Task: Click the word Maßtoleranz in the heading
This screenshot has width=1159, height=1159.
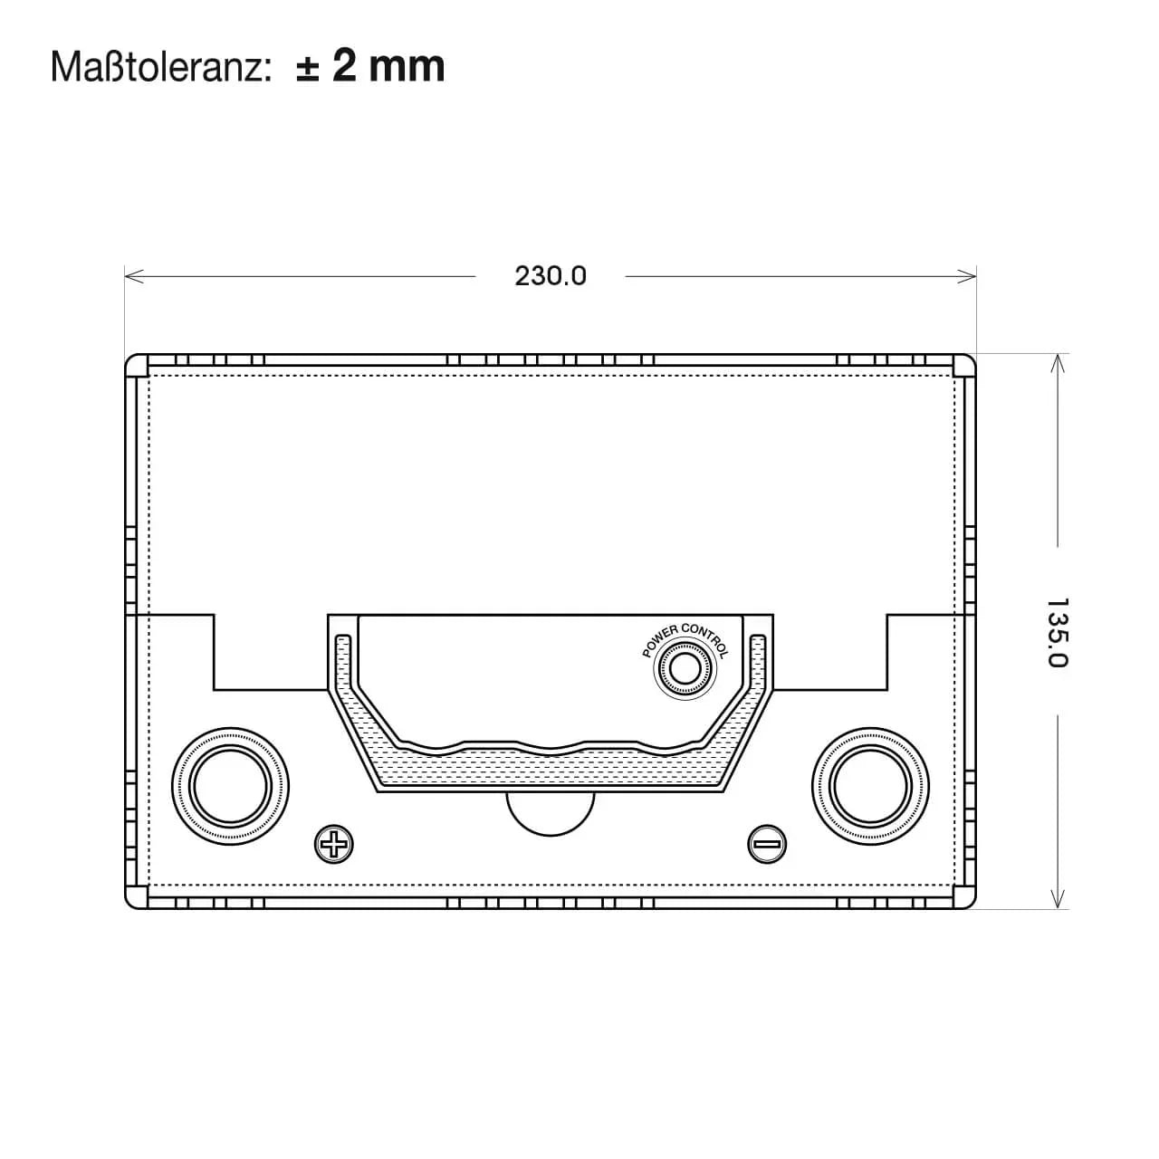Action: coord(158,67)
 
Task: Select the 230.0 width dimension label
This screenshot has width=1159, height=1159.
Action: coord(551,276)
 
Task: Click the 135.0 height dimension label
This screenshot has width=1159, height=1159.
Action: coord(1058,632)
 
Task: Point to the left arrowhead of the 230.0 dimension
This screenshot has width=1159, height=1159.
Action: coord(133,277)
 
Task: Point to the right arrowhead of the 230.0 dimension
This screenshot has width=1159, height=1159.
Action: coord(967,277)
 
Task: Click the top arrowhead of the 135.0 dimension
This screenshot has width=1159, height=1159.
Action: coord(1058,363)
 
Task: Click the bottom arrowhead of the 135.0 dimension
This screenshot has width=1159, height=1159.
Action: coord(1058,898)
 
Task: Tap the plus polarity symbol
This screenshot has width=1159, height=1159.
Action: coord(334,844)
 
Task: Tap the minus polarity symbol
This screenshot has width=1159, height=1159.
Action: coord(767,844)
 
